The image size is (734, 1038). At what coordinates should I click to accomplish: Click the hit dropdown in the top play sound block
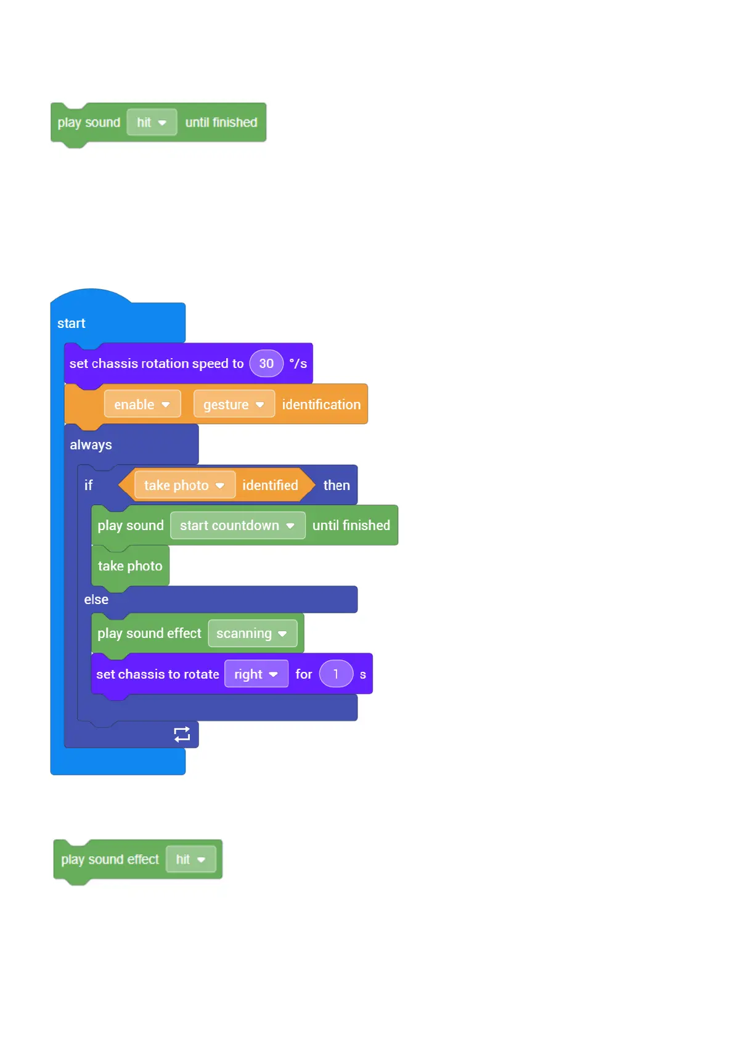point(152,122)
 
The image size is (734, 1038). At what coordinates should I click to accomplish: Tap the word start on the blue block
point(71,324)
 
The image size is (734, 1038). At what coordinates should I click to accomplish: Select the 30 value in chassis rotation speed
point(266,364)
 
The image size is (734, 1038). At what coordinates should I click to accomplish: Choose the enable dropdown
point(142,404)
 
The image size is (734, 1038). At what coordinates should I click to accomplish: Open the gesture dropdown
point(234,404)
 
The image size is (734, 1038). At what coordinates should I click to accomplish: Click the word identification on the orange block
point(321,404)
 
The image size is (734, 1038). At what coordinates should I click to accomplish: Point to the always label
point(91,445)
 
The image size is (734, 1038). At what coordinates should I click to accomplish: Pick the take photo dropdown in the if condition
point(184,485)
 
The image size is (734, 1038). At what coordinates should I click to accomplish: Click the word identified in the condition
point(270,485)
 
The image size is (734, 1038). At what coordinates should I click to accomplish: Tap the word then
point(336,485)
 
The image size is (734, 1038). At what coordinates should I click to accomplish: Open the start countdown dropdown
point(237,525)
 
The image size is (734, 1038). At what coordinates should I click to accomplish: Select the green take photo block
point(130,566)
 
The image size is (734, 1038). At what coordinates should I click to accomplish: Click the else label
point(96,600)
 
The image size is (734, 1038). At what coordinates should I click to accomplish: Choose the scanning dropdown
point(252,633)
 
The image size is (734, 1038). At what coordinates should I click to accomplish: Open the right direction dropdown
point(256,674)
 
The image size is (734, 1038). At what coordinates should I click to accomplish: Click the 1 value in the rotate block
point(336,674)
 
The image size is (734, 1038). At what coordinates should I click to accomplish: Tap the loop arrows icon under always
point(182,734)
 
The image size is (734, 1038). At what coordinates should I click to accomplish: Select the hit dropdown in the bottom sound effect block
point(190,859)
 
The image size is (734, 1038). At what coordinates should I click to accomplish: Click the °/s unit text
point(298,364)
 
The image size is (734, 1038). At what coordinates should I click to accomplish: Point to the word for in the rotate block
point(304,674)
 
